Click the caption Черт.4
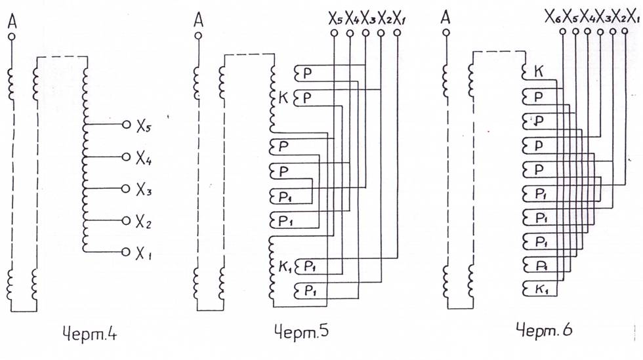90,334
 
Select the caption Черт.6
544,330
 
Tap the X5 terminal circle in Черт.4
126,124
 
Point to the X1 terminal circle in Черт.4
126,252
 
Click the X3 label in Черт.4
144,190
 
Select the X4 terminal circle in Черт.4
126,157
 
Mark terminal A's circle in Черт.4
12,37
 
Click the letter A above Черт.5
198,19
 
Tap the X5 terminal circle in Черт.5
334,33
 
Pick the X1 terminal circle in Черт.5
396,33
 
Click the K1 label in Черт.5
285,268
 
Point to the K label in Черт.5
283,98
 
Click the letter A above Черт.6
446,18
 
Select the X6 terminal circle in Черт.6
563,31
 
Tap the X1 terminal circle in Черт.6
625,31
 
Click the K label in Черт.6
539,72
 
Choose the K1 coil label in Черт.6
542,289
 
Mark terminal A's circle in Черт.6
446,32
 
